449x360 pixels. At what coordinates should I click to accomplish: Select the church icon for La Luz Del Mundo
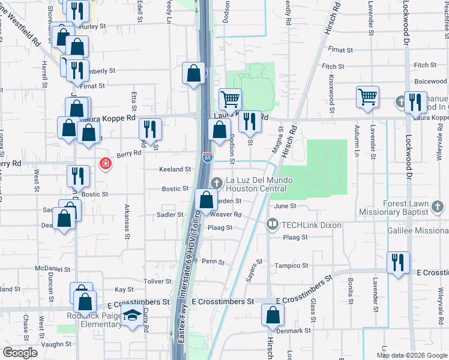coord(217,181)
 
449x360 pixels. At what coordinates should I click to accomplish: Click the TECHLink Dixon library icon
coord(272,225)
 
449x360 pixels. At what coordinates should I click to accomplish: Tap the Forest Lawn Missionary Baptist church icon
coord(438,207)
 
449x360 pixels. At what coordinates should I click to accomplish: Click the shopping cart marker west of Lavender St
coord(367,97)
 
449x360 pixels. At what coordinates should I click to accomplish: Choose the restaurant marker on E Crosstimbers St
coord(399,263)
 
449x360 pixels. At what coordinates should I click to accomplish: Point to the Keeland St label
coord(175,170)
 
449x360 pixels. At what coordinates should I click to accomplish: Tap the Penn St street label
coord(212,262)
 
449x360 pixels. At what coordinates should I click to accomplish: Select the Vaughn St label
coord(58,344)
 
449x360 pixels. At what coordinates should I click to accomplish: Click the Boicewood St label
coord(430,82)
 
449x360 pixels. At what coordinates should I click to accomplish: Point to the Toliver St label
coord(158,281)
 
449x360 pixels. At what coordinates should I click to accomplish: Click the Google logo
coord(20,353)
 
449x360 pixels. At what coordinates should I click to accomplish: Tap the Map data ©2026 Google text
coord(411,355)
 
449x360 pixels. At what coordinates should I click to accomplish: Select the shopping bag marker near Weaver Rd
coord(206,200)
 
